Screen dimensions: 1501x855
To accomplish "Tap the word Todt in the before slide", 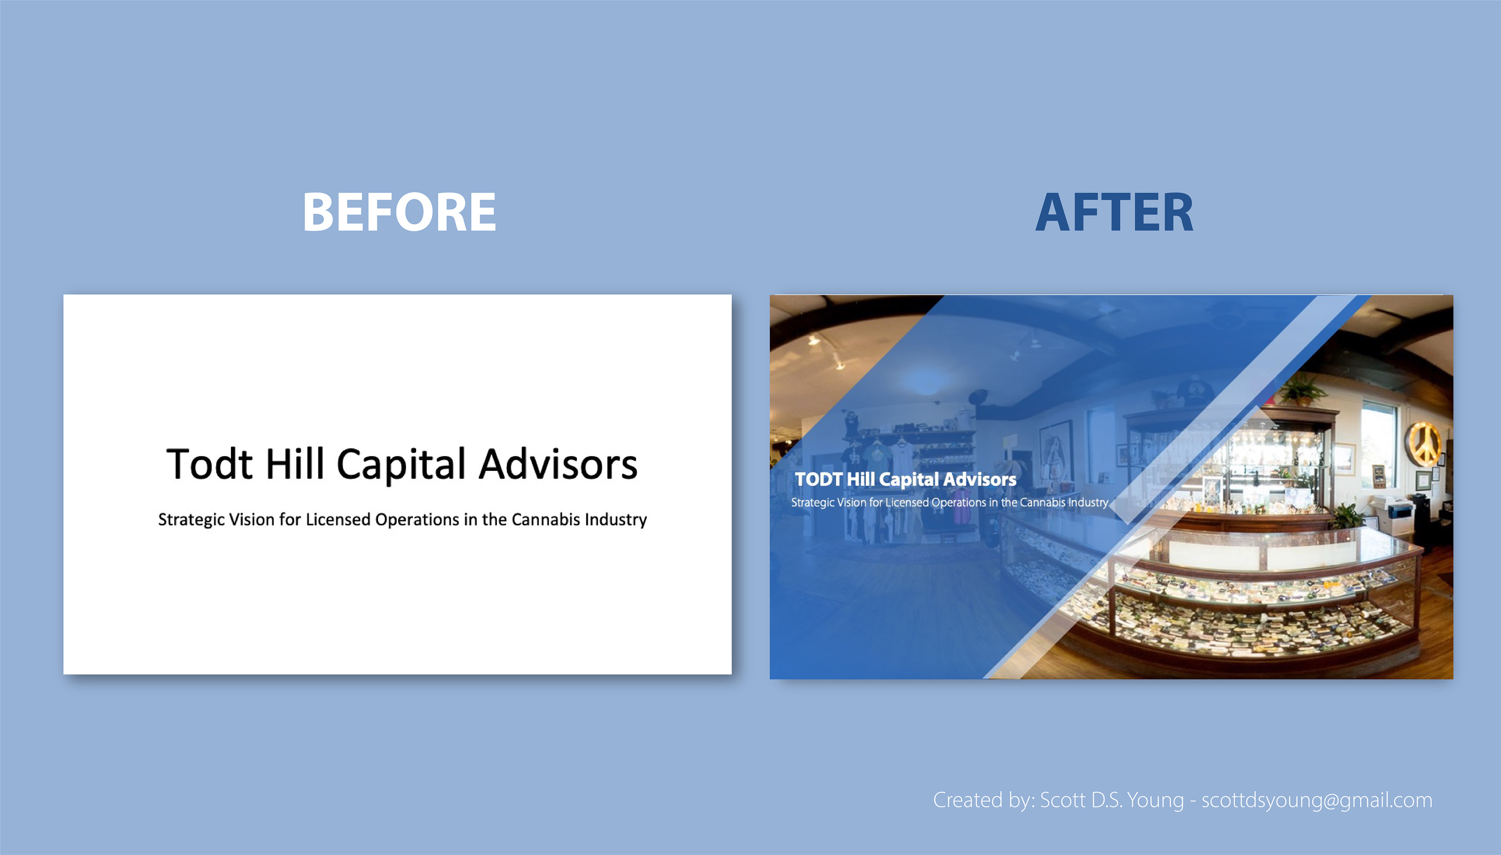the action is [x=210, y=464].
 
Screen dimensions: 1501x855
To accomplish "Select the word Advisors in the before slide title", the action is [x=558, y=464].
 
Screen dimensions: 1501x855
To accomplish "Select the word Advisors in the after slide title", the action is [x=980, y=479].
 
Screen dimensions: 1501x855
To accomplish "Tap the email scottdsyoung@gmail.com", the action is [x=1317, y=800].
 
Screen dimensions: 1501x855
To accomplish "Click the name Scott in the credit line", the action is [x=1062, y=800].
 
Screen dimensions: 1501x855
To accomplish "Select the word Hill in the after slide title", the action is [x=860, y=479].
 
